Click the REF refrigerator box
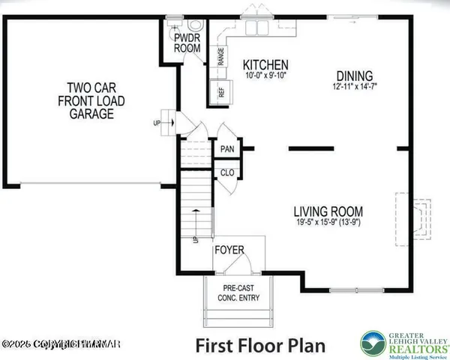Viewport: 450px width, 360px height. pyautogui.click(x=222, y=93)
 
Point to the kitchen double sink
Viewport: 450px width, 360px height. pyautogui.click(x=257, y=28)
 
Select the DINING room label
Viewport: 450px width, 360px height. pyautogui.click(x=354, y=76)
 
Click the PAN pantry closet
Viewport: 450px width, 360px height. pyautogui.click(x=227, y=148)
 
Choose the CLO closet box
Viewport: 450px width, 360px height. pyautogui.click(x=227, y=173)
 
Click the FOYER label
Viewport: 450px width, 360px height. pyautogui.click(x=229, y=249)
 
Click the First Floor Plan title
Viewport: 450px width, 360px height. pyautogui.click(x=260, y=346)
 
